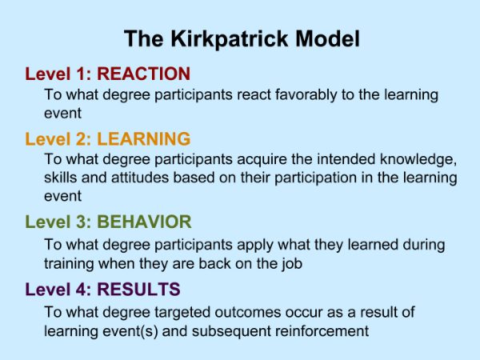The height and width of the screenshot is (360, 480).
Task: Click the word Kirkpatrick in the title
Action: [x=230, y=39]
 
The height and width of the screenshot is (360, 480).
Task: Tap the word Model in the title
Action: [x=327, y=38]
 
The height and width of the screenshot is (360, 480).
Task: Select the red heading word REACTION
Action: [x=143, y=74]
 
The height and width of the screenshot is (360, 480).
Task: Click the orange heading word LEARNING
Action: [x=143, y=138]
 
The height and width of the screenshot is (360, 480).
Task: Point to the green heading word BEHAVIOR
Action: [x=144, y=222]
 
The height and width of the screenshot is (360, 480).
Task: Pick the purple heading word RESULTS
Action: [x=138, y=290]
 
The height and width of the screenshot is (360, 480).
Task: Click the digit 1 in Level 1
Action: [x=81, y=74]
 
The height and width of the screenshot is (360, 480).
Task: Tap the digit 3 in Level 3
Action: [x=82, y=222]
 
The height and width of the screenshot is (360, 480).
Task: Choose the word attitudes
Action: [x=140, y=178]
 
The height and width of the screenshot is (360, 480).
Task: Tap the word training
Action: [x=69, y=264]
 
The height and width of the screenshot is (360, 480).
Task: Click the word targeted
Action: [x=182, y=313]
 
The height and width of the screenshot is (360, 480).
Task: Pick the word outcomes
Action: [x=248, y=313]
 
